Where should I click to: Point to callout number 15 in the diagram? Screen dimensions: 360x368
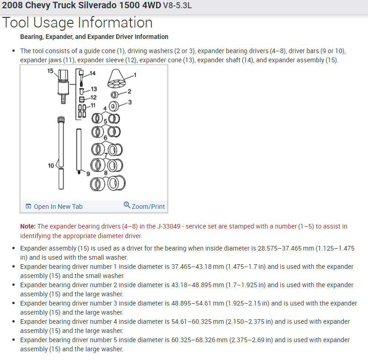[x=50, y=71]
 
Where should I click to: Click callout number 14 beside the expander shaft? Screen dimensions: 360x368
[x=92, y=73]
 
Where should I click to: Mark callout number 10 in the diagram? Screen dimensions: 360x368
[x=51, y=165]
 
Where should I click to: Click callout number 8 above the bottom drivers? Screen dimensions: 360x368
[x=106, y=173]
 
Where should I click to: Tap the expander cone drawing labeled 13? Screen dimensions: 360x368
[x=81, y=89]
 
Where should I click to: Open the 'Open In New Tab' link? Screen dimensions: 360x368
[x=58, y=207]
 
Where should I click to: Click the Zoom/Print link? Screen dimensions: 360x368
[x=148, y=207]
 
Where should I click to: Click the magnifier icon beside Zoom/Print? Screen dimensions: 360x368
[x=127, y=205]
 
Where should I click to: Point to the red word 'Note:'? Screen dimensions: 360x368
[x=28, y=226]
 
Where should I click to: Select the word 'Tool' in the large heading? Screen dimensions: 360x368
[x=17, y=23]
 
